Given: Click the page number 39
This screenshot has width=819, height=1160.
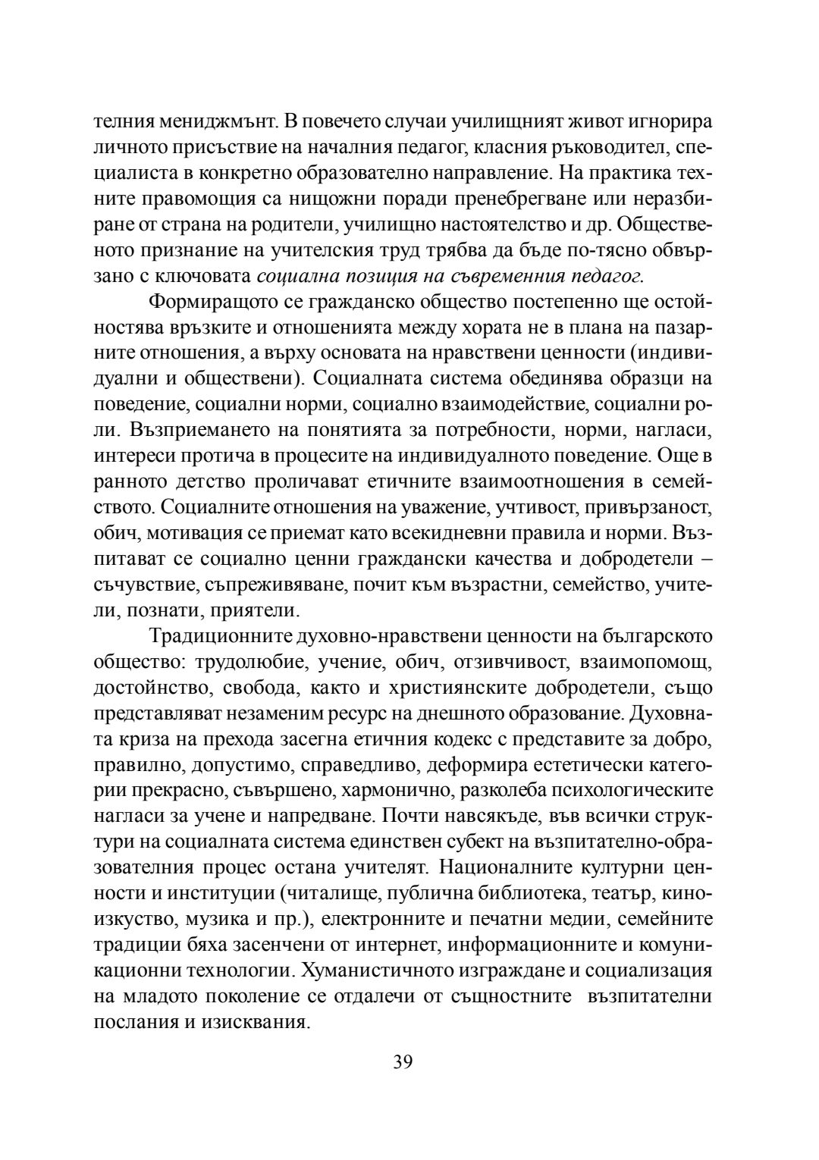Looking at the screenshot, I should click(x=403, y=1061).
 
